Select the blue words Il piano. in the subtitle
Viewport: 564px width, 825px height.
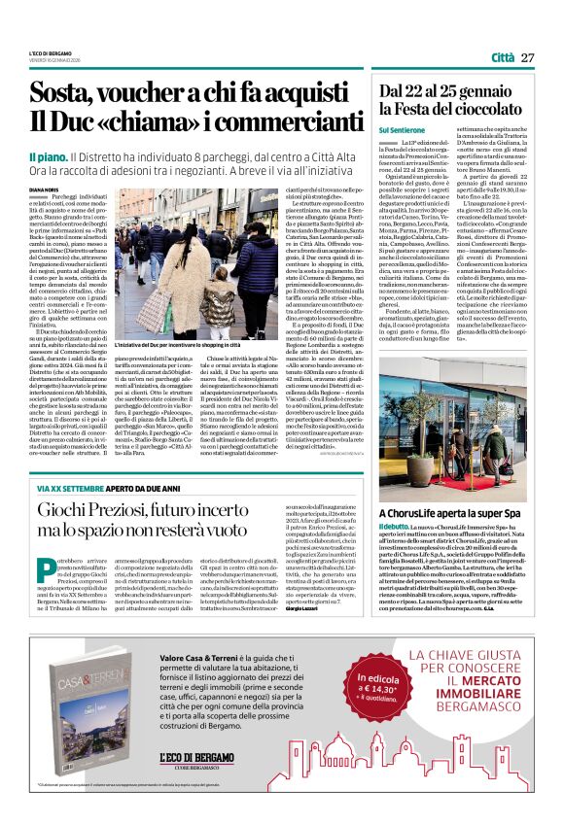(46, 155)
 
